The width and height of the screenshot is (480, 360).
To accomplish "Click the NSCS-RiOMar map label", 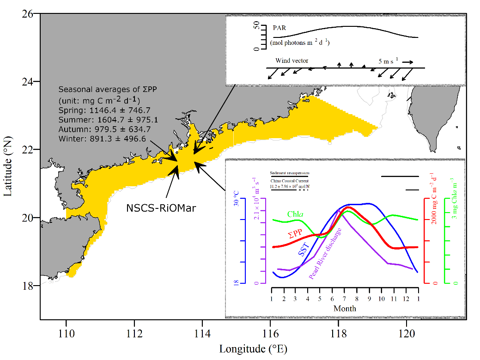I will point(161,208).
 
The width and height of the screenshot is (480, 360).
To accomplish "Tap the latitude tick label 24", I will point(28,82).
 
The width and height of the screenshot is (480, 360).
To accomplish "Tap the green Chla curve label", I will point(295,214).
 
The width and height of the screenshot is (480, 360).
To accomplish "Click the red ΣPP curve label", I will point(296,235).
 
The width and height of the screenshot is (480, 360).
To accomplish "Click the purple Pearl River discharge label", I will point(325,253).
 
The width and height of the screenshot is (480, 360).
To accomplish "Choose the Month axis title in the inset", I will point(345,308).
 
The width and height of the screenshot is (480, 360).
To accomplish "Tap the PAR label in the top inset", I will point(279,28).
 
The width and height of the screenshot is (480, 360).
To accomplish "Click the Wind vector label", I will point(292,61).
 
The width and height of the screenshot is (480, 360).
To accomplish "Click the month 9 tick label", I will point(369,298).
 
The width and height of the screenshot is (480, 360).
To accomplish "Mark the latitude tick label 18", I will point(28,286).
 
